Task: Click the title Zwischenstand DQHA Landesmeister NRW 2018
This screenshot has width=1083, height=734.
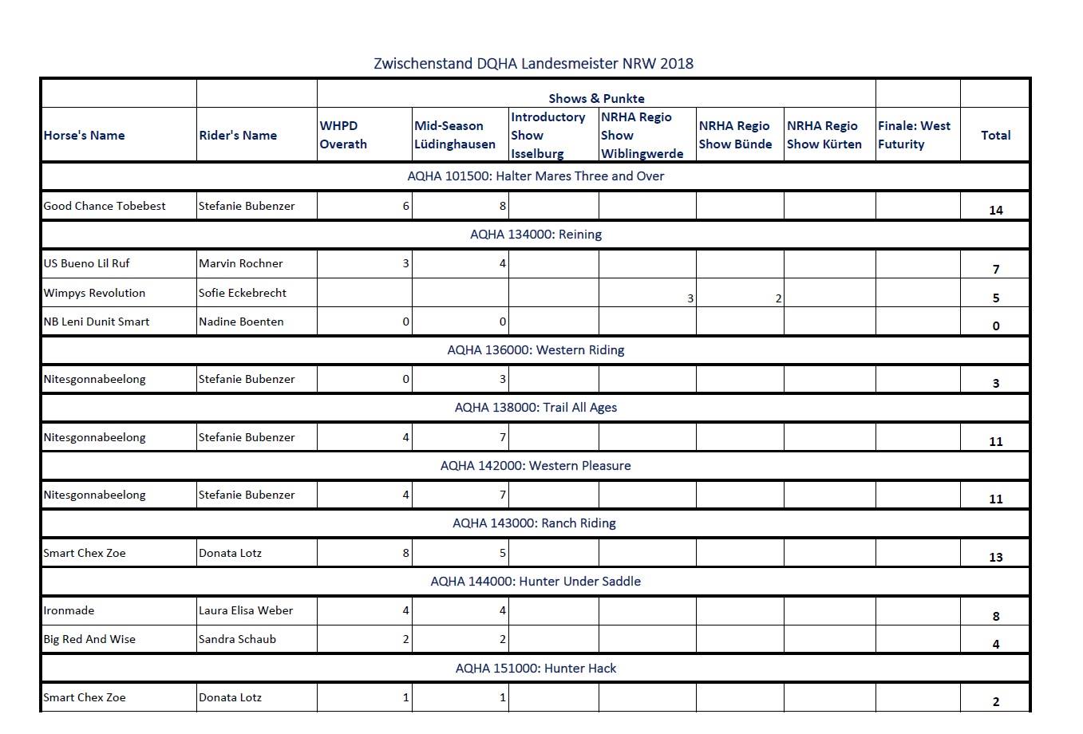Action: pyautogui.click(x=533, y=64)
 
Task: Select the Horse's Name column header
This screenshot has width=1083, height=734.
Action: pyautogui.click(x=84, y=136)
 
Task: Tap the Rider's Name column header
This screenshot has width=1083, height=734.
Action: pyautogui.click(x=238, y=136)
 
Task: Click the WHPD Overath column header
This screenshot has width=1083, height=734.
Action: pyautogui.click(x=343, y=135)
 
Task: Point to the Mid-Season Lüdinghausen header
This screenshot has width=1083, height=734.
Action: pyautogui.click(x=455, y=135)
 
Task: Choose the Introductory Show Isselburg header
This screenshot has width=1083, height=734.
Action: pyautogui.click(x=548, y=135)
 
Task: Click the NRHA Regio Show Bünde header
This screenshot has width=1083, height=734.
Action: pyautogui.click(x=735, y=135)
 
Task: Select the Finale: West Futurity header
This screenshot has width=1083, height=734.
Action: pyautogui.click(x=914, y=135)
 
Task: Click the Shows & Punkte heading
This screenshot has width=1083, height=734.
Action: pyautogui.click(x=596, y=98)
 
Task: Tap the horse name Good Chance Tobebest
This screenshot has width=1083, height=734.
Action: pyautogui.click(x=105, y=206)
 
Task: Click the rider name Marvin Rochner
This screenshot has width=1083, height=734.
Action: pyautogui.click(x=241, y=263)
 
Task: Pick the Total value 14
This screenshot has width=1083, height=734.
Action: pyautogui.click(x=995, y=210)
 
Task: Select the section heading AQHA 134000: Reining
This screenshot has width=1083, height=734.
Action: pyautogui.click(x=536, y=235)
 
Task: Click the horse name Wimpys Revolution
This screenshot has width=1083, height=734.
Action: pyautogui.click(x=94, y=293)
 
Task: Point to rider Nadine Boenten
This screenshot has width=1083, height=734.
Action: pyautogui.click(x=241, y=322)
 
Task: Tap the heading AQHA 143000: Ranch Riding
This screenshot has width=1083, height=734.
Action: pyautogui.click(x=534, y=523)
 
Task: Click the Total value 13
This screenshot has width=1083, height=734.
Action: pyautogui.click(x=995, y=557)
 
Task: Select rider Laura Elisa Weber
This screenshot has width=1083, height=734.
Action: pyautogui.click(x=246, y=610)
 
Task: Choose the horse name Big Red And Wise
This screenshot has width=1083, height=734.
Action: pyautogui.click(x=89, y=639)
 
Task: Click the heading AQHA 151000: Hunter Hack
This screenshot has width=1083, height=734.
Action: pyautogui.click(x=536, y=669)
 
